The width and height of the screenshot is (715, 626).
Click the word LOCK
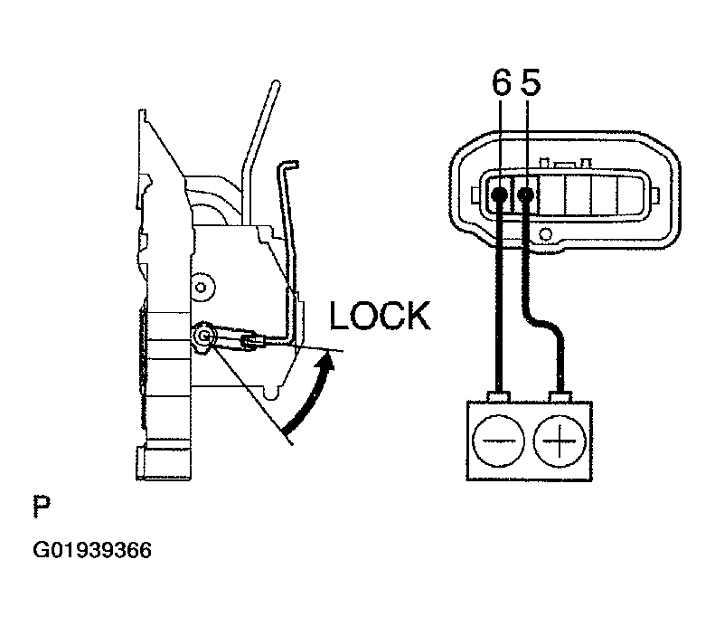[x=380, y=317]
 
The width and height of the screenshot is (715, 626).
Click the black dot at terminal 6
[x=499, y=193]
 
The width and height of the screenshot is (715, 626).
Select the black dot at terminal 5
[x=525, y=193]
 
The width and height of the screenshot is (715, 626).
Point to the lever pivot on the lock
[x=205, y=337]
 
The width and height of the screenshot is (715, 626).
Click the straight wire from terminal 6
[x=498, y=299]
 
